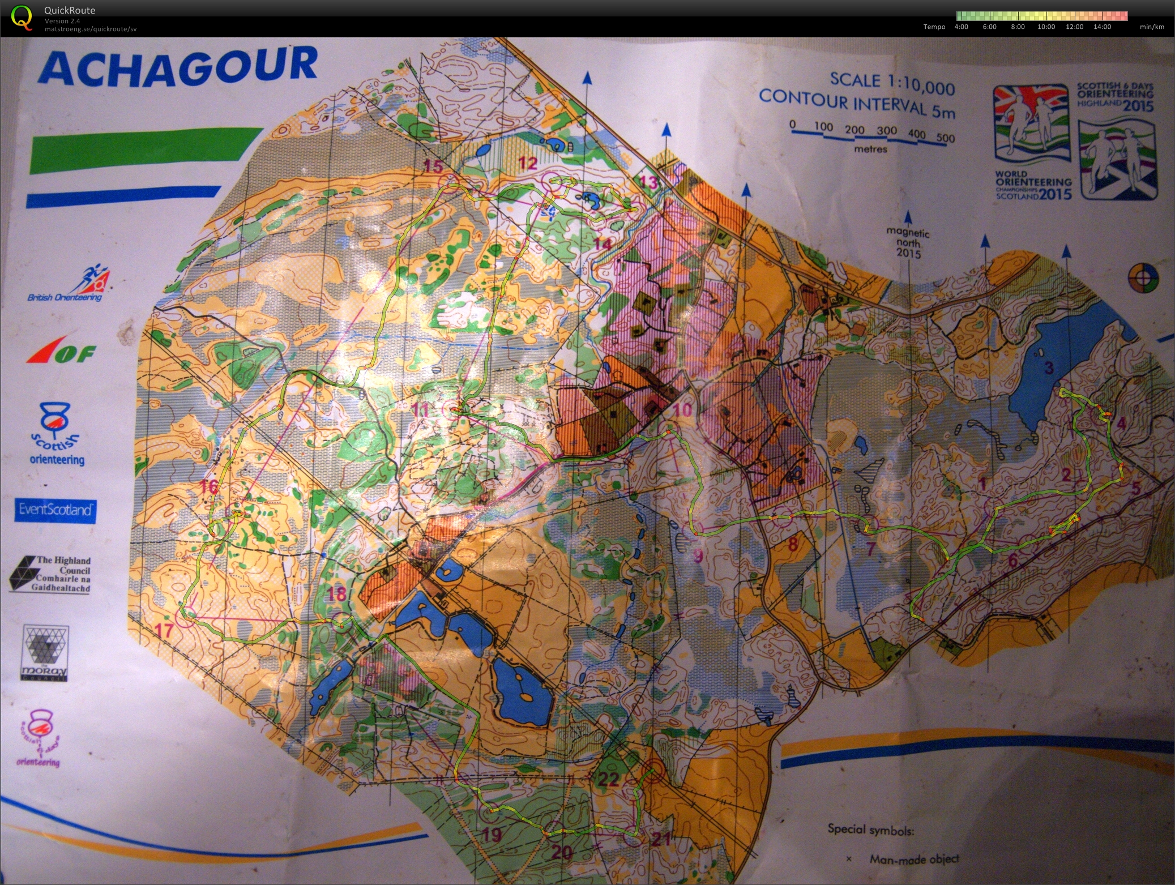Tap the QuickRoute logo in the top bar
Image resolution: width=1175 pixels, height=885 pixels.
pyautogui.click(x=22, y=17)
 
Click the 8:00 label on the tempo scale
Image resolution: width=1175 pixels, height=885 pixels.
pyautogui.click(x=1018, y=27)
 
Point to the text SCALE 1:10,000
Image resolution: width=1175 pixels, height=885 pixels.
pyautogui.click(x=892, y=84)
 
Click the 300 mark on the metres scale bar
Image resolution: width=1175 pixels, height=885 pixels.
pyautogui.click(x=886, y=131)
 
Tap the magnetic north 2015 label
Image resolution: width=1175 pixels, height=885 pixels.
pyautogui.click(x=908, y=242)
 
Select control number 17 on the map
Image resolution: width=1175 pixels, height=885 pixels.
pyautogui.click(x=164, y=630)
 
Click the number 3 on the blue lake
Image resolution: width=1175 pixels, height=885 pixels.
pyautogui.click(x=1048, y=368)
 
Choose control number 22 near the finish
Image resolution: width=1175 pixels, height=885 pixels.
pyautogui.click(x=609, y=780)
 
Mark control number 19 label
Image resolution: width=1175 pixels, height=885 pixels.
pyautogui.click(x=492, y=834)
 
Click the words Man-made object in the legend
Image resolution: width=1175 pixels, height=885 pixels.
pyautogui.click(x=914, y=859)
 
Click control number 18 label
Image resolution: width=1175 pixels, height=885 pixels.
pyautogui.click(x=337, y=593)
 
